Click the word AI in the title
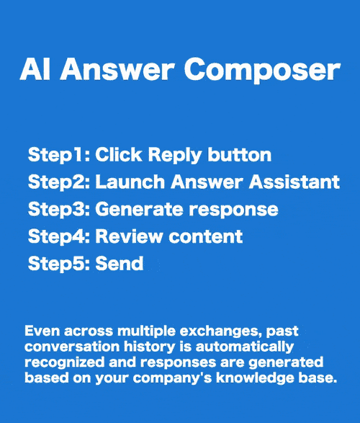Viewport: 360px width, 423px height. pos(34,70)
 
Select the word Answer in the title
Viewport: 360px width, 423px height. pos(119,70)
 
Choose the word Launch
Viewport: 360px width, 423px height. pos(128,182)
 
